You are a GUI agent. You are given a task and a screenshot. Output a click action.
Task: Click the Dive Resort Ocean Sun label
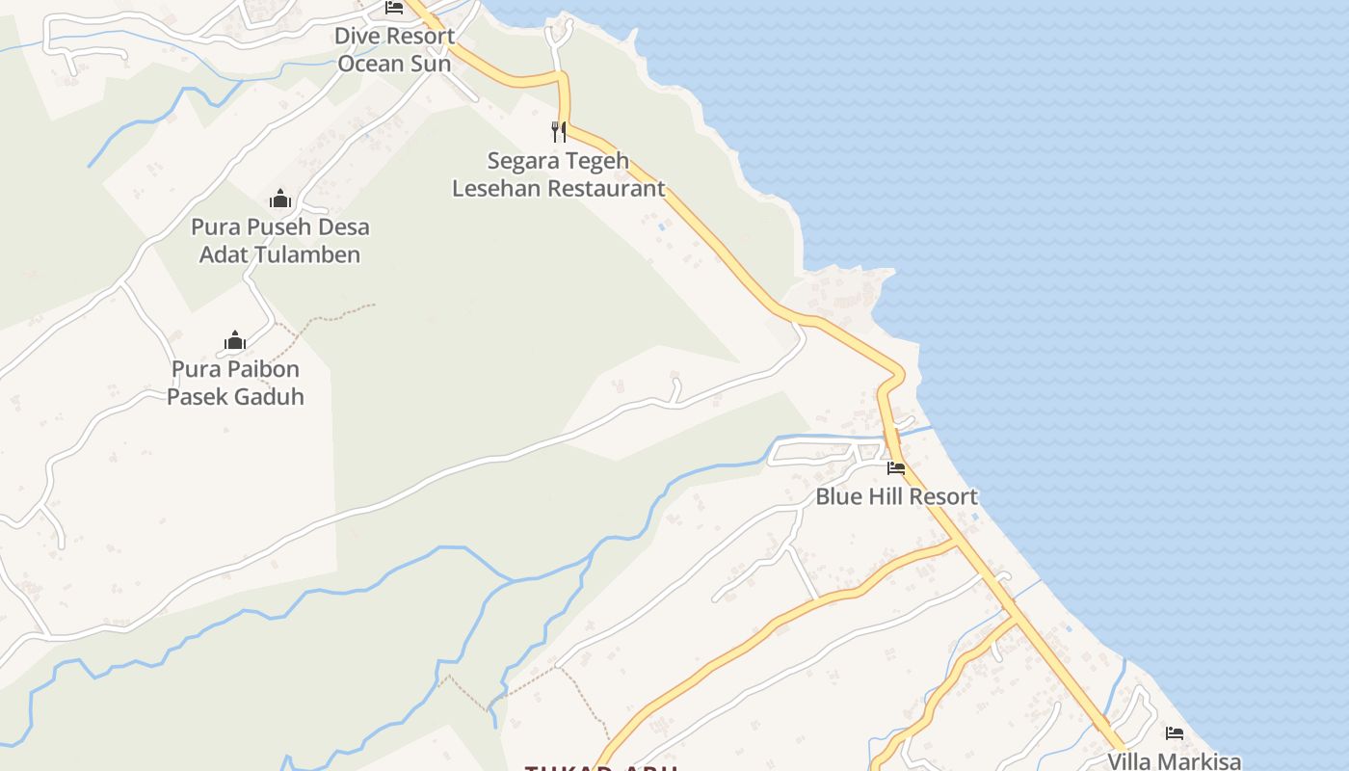[x=394, y=50]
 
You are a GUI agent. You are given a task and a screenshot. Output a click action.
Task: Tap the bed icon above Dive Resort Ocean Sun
[x=394, y=8]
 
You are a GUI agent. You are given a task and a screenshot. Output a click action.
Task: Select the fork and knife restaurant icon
[x=558, y=131]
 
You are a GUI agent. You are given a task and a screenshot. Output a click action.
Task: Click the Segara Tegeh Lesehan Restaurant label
[x=558, y=174]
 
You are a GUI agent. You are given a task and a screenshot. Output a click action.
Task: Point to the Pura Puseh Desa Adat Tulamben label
[x=279, y=241]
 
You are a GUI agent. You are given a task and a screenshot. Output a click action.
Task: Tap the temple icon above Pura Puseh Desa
[x=280, y=199]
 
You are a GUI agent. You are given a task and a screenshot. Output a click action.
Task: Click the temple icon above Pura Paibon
[x=235, y=340]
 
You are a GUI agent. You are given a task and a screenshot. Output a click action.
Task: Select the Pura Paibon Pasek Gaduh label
[x=235, y=383]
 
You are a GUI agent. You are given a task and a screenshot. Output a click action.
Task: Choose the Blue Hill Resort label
[x=896, y=497]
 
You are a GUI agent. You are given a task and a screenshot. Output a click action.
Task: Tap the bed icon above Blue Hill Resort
[x=896, y=469]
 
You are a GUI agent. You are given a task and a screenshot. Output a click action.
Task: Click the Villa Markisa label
[x=1174, y=761]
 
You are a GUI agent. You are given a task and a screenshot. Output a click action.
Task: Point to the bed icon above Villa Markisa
[x=1174, y=733]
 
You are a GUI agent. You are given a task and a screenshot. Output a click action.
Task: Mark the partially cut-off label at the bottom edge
[x=602, y=766]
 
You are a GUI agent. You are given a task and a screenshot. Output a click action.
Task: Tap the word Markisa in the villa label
[x=1200, y=761]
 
